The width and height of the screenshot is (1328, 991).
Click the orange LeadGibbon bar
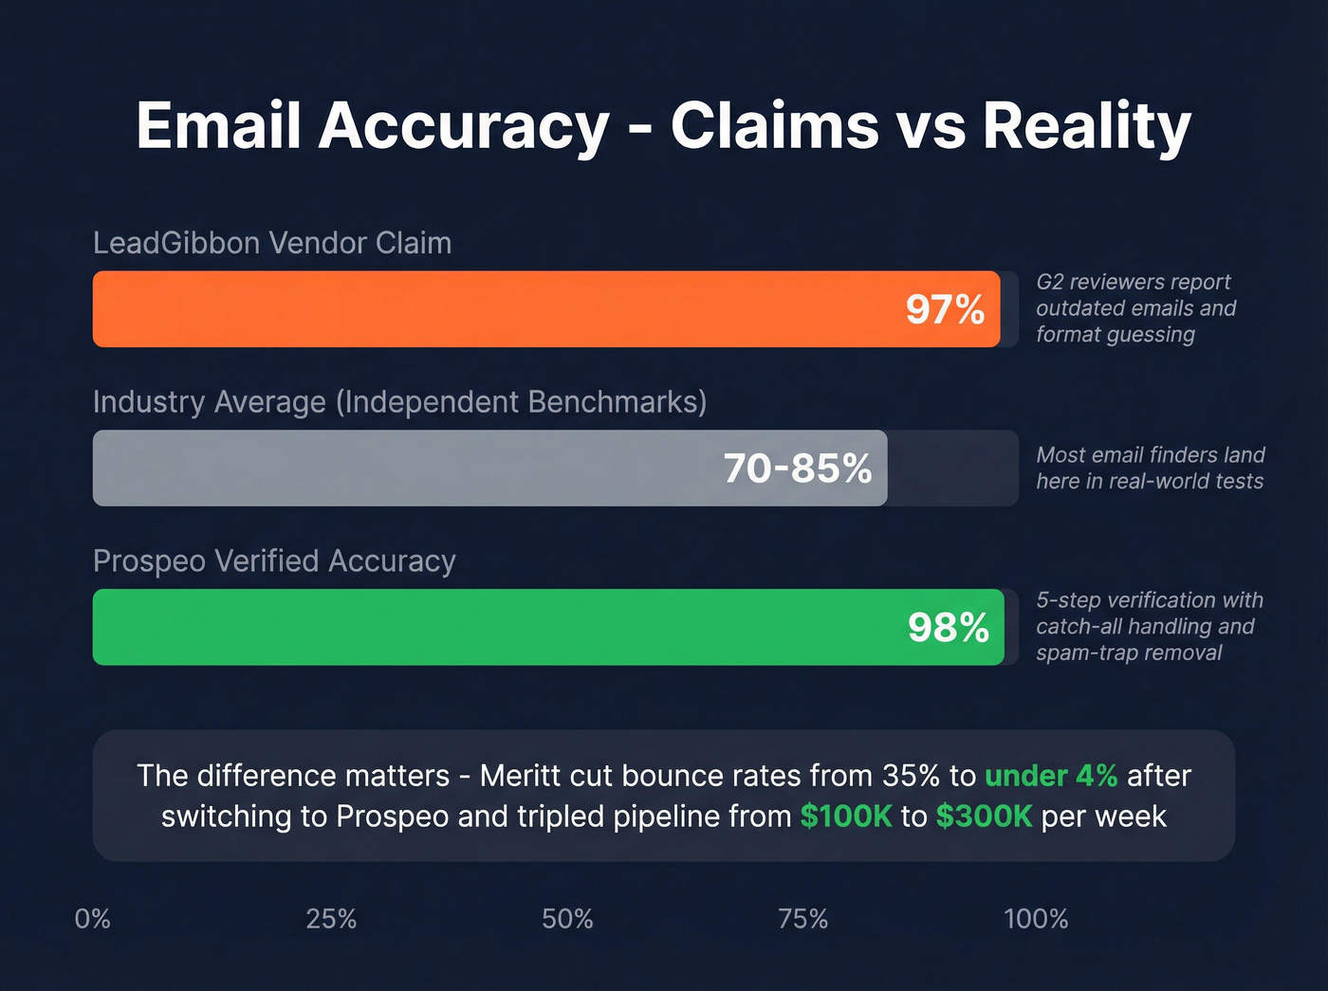click(493, 309)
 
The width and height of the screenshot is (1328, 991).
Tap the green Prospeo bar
click(493, 627)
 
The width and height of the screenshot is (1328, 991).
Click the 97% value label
click(945, 310)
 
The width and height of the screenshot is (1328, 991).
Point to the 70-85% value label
click(797, 468)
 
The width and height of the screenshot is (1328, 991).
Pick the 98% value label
click(948, 628)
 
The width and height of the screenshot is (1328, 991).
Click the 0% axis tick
click(93, 919)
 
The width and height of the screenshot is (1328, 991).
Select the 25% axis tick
click(331, 919)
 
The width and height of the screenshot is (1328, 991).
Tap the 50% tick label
click(567, 919)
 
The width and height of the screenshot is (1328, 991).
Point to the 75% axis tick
click(802, 919)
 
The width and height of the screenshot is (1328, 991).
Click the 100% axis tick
click(1036, 919)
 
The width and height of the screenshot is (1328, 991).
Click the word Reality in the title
click(1086, 125)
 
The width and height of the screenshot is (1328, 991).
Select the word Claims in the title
click(774, 125)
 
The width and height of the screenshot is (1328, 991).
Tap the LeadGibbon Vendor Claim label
click(272, 243)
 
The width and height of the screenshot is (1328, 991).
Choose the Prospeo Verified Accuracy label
click(274, 561)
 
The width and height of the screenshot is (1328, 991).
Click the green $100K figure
click(846, 817)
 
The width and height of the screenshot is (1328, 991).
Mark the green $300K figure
click(984, 817)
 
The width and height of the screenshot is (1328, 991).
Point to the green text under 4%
click(1051, 776)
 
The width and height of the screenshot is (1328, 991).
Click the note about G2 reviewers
click(1135, 308)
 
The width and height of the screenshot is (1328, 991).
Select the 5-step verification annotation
click(1149, 626)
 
